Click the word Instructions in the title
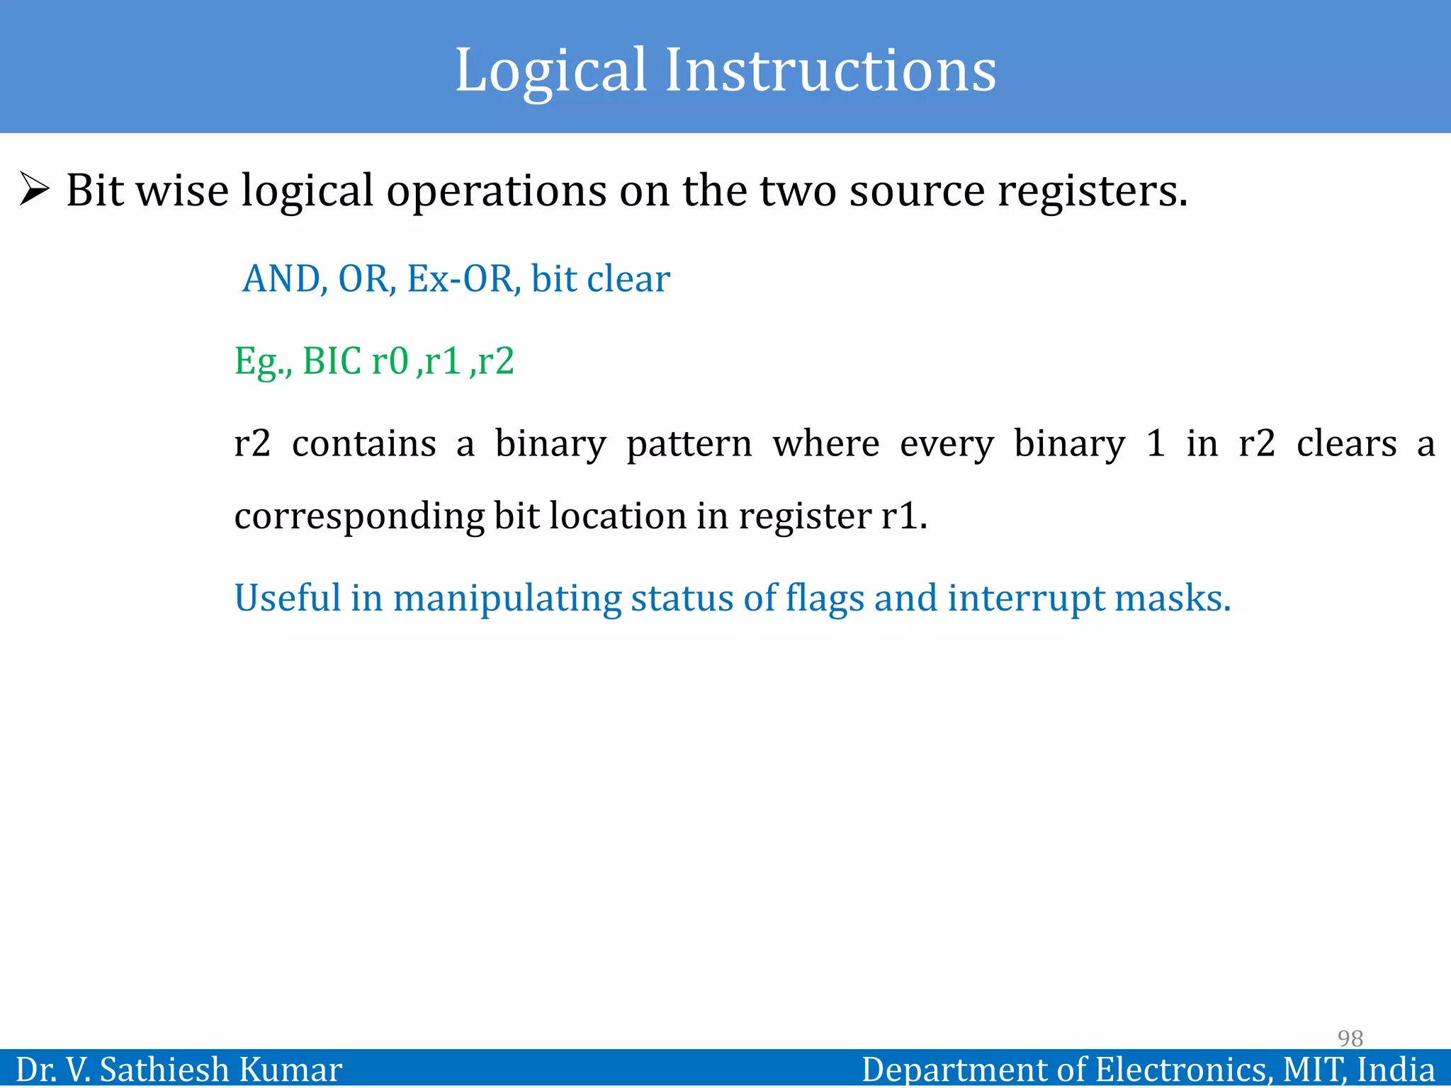click(830, 71)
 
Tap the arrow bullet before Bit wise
click(34, 189)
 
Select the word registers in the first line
click(1092, 191)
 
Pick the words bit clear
click(600, 279)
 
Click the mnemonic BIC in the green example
click(332, 361)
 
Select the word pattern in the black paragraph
click(689, 445)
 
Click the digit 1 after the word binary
click(1156, 443)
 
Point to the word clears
click(1346, 445)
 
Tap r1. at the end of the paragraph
click(904, 516)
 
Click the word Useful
click(288, 598)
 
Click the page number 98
click(1350, 1038)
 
